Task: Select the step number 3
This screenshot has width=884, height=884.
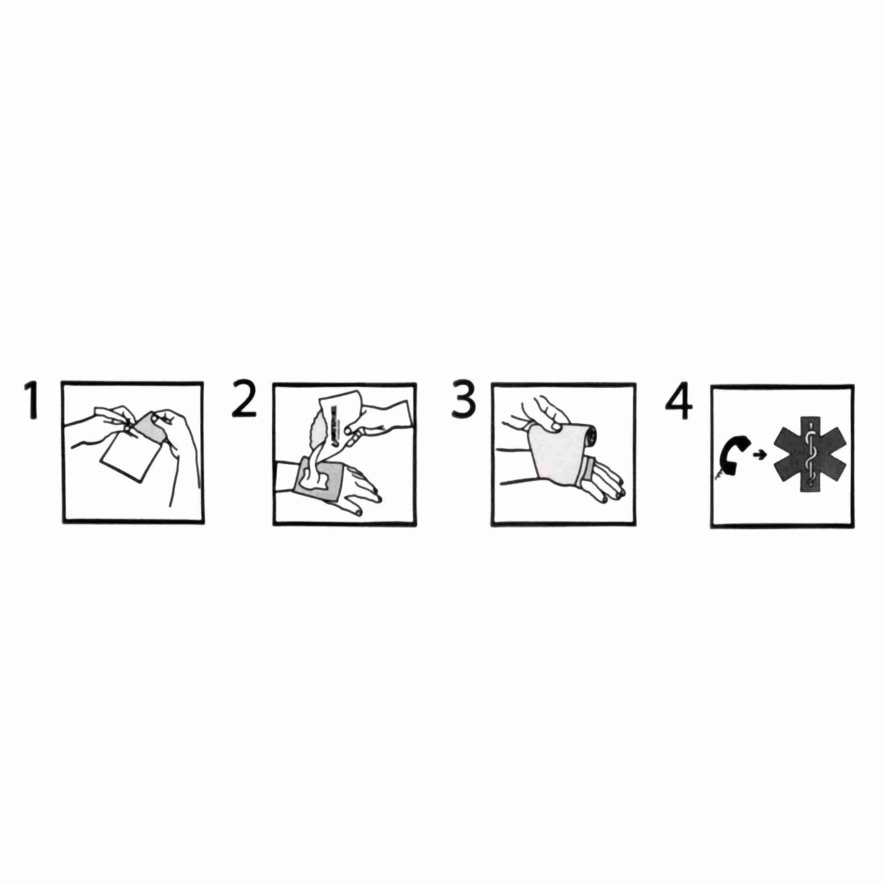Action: [x=463, y=399]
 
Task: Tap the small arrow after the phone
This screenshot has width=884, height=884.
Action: [x=760, y=455]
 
